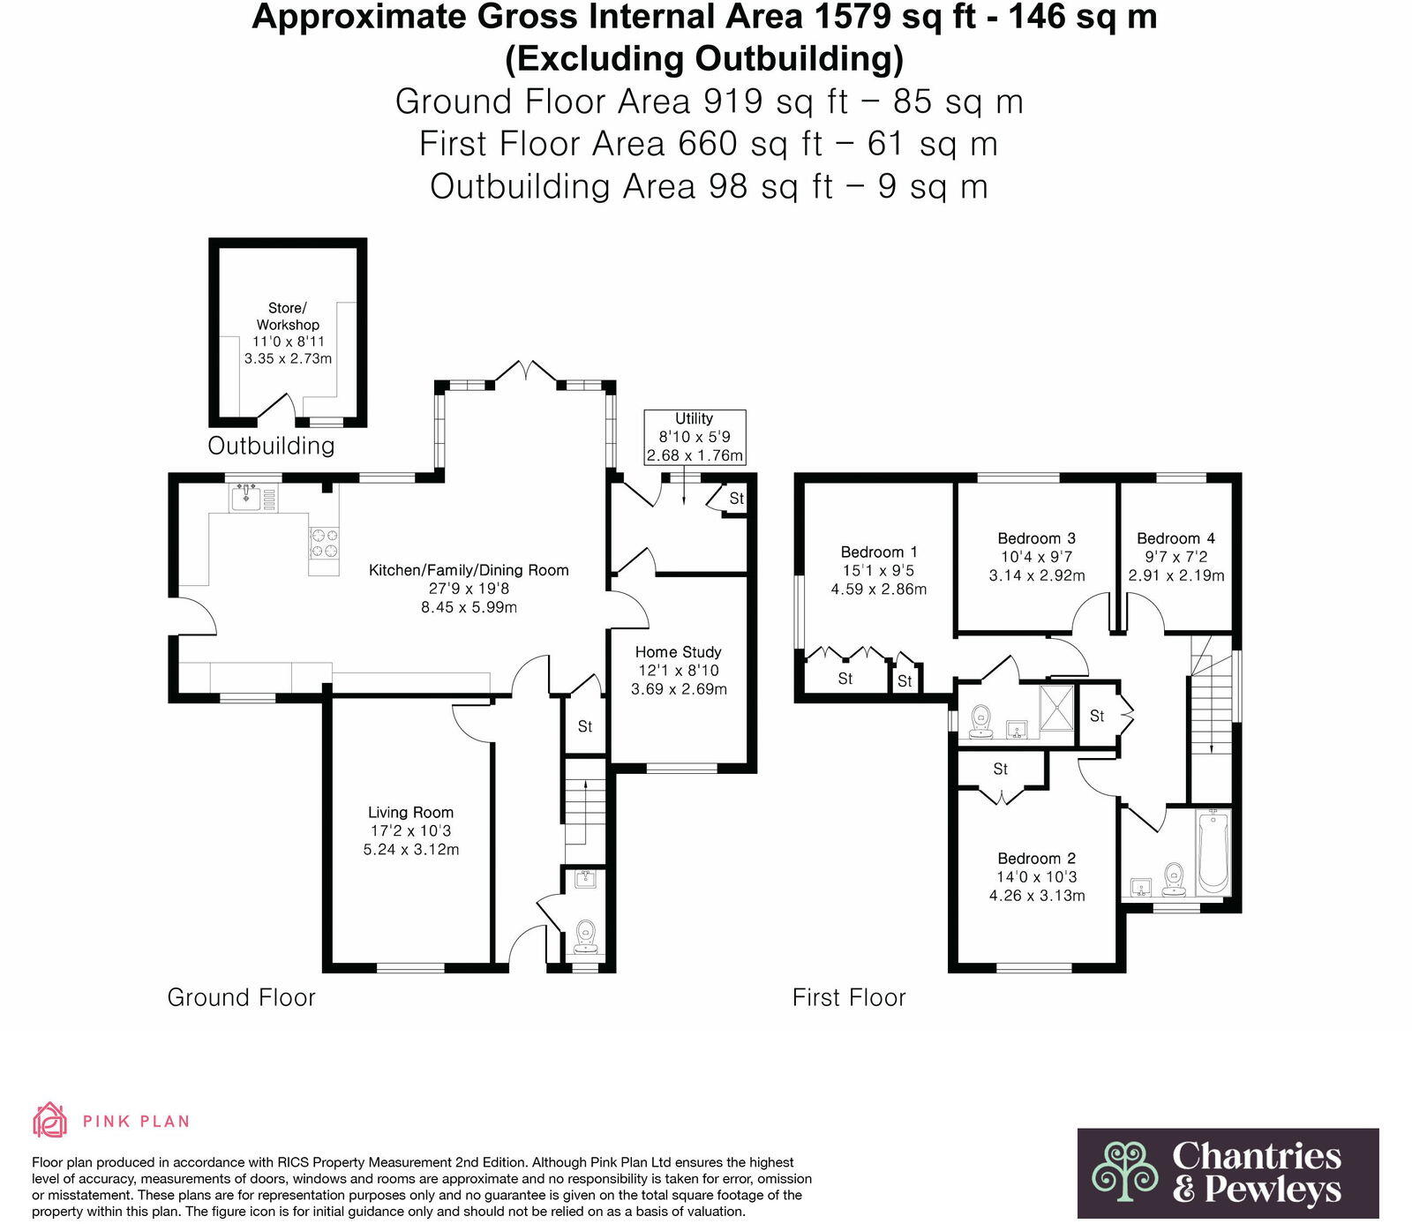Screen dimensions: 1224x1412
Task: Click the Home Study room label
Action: [x=678, y=652]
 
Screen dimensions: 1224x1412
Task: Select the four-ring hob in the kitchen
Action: [x=322, y=543]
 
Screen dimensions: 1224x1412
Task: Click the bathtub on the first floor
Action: [x=1213, y=852]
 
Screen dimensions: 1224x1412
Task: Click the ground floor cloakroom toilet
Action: [x=584, y=935]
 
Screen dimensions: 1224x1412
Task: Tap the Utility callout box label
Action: [x=694, y=418]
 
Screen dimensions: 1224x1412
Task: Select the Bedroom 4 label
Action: [x=1175, y=538]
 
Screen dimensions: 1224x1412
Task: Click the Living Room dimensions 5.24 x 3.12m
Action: [x=411, y=850]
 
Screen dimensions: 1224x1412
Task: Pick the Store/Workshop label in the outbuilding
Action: [x=288, y=316]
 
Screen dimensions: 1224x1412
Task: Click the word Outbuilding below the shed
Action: [x=271, y=446]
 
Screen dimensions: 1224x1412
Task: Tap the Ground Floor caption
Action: [x=241, y=997]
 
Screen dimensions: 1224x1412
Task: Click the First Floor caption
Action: [x=848, y=997]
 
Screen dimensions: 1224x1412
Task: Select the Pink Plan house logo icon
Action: [x=49, y=1120]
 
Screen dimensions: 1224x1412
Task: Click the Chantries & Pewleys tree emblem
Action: [x=1124, y=1171]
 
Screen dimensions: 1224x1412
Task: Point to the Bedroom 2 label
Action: [x=1036, y=859]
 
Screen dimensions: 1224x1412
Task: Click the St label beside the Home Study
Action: [x=584, y=726]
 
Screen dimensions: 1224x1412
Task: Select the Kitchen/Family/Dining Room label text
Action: [x=469, y=570]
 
